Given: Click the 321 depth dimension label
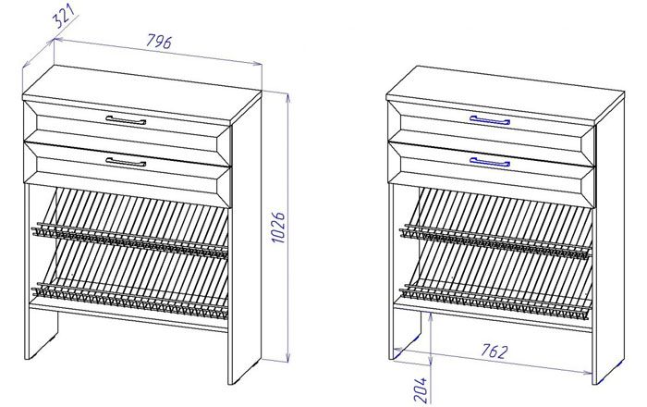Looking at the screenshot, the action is [x=65, y=17].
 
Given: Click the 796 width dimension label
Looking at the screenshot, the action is [x=159, y=42].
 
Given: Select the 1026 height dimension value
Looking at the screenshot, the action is [x=279, y=228].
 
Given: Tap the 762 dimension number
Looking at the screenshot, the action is [x=494, y=351].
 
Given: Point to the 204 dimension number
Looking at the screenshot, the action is [x=421, y=389].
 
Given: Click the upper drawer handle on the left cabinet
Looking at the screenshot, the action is [x=126, y=119].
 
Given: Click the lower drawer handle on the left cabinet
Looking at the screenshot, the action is [x=126, y=162].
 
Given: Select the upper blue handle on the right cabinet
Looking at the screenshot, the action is [x=490, y=120].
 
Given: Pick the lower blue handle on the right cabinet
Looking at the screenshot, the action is [x=490, y=162].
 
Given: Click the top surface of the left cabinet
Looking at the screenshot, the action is [x=142, y=93].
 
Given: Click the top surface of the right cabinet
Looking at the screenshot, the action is [x=506, y=93].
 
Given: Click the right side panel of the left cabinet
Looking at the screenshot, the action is [x=245, y=240].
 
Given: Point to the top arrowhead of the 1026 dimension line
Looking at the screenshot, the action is [x=288, y=97].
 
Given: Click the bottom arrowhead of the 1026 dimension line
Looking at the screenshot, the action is [x=288, y=357].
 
